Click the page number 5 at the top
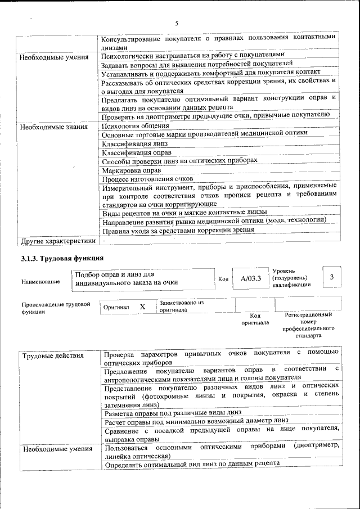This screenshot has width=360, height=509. click(x=176, y=24)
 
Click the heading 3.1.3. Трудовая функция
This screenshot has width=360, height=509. click(x=62, y=259)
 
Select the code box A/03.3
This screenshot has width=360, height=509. click(x=250, y=278)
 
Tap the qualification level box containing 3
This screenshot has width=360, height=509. click(x=331, y=277)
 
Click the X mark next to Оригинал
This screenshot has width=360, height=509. click(x=142, y=307)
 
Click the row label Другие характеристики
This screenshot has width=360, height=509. click(x=57, y=241)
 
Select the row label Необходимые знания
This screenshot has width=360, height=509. click(x=54, y=127)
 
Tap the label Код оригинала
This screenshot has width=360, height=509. click(x=255, y=319)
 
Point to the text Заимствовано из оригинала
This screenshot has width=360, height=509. click(x=181, y=306)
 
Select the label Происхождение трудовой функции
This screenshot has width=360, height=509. click(x=55, y=308)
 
